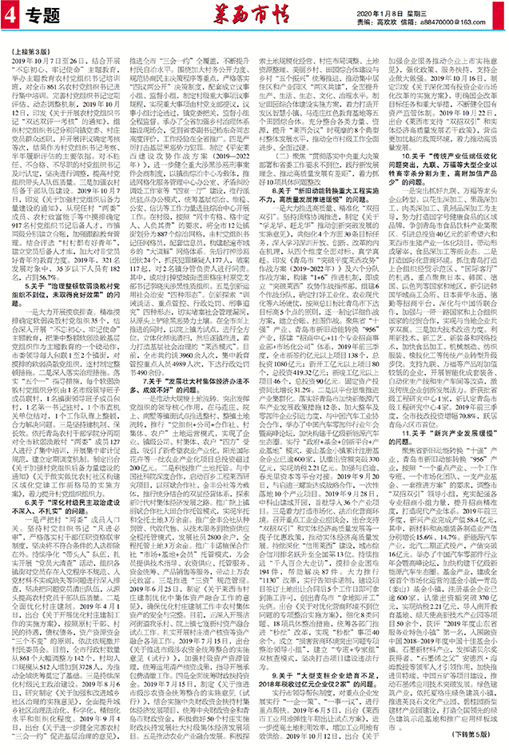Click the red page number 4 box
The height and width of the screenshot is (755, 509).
(x=11, y=15)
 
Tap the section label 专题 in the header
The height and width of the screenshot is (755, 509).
(x=40, y=15)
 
